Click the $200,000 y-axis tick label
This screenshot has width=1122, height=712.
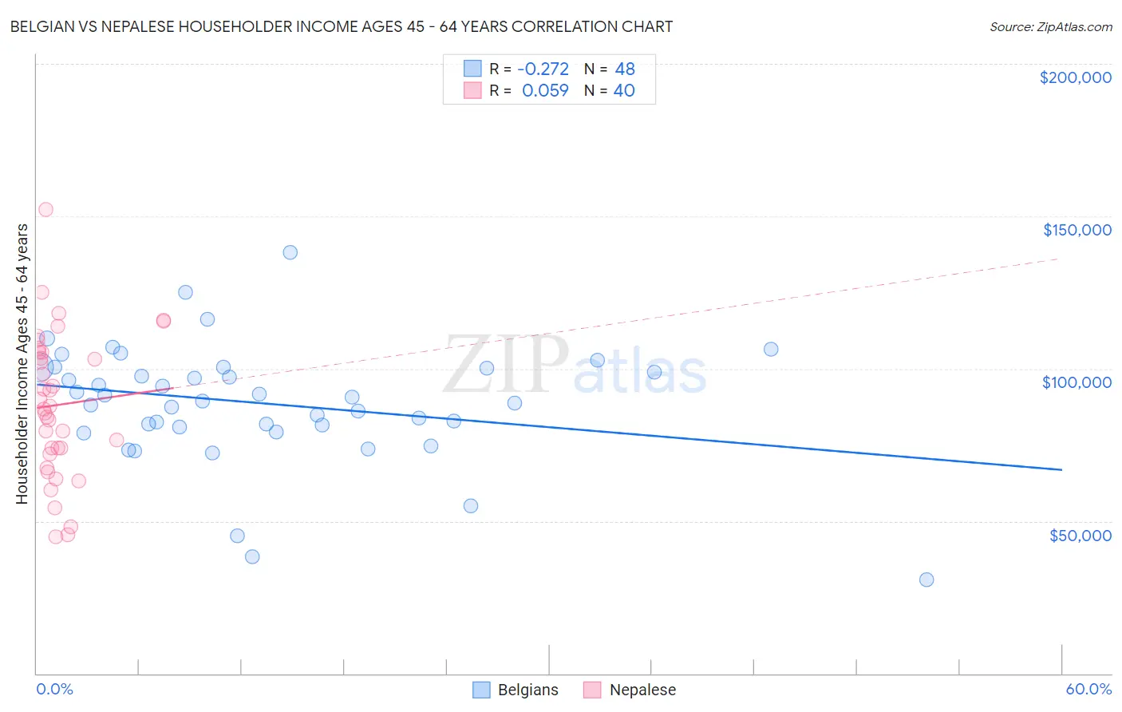click(1075, 77)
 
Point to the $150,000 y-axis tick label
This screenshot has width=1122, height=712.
click(1077, 230)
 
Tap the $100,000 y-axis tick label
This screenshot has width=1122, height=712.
click(1077, 382)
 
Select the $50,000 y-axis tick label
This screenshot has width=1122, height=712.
click(1080, 536)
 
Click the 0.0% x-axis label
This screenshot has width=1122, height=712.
click(54, 689)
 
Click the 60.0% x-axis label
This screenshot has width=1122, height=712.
click(1088, 689)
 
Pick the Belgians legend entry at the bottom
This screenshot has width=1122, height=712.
click(516, 690)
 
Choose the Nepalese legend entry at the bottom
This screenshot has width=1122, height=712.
click(630, 690)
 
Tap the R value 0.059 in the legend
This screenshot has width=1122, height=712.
click(545, 91)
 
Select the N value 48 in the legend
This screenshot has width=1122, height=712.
click(625, 69)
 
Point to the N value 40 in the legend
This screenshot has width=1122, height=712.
click(624, 91)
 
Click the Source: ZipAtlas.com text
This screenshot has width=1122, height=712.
click(1050, 27)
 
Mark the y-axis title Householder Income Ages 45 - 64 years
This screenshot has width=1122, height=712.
click(22, 364)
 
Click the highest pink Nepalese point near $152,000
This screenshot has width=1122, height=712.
click(45, 210)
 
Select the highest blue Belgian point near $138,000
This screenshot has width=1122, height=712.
click(290, 252)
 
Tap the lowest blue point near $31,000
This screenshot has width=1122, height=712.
click(926, 579)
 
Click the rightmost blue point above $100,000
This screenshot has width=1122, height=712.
click(771, 349)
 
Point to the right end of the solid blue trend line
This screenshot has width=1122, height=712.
click(1061, 470)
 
